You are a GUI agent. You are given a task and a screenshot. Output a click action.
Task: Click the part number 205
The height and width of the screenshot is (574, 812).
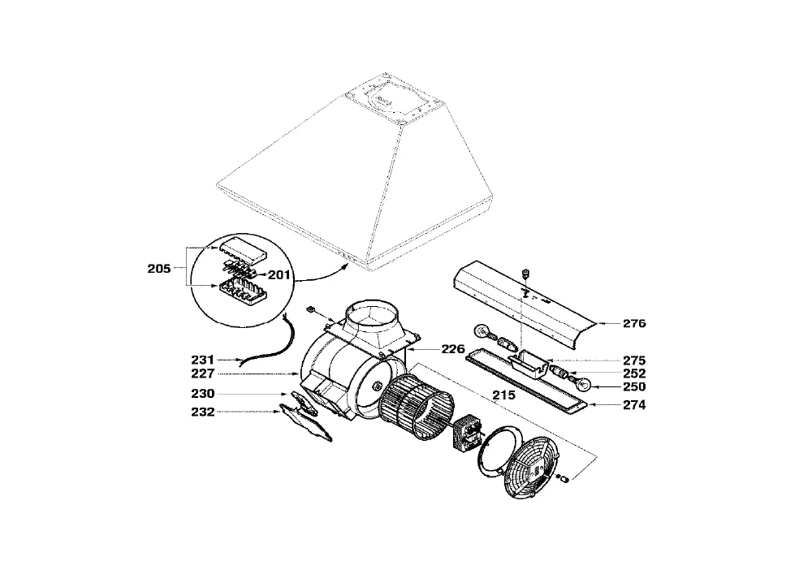159,269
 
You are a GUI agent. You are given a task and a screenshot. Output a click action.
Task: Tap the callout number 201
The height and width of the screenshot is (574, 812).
279,275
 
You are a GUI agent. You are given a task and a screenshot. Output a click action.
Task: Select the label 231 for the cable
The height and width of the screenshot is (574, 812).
202,360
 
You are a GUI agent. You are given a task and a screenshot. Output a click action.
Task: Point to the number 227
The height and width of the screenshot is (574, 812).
202,373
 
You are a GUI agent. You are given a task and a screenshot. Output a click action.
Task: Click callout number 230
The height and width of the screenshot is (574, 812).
202,394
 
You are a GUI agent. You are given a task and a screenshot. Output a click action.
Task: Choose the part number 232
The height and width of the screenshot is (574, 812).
202,412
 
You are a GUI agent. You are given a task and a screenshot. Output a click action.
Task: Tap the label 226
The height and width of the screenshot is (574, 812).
453,349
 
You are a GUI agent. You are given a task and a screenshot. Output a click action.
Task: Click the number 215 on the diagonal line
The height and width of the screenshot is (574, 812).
504,395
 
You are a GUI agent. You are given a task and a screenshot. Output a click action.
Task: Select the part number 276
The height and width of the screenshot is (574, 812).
634,323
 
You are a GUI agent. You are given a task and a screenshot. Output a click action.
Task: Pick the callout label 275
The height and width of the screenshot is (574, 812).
634,360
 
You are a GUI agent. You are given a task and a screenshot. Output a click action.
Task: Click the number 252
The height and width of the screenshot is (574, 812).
634,373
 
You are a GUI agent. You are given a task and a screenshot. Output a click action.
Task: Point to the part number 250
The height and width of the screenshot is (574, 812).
634,387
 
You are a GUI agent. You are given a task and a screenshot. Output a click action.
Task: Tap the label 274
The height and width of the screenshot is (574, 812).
634,405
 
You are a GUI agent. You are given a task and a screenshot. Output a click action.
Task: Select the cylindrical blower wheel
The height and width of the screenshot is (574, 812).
417,408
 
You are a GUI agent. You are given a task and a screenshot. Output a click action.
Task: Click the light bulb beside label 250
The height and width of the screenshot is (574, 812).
582,384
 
